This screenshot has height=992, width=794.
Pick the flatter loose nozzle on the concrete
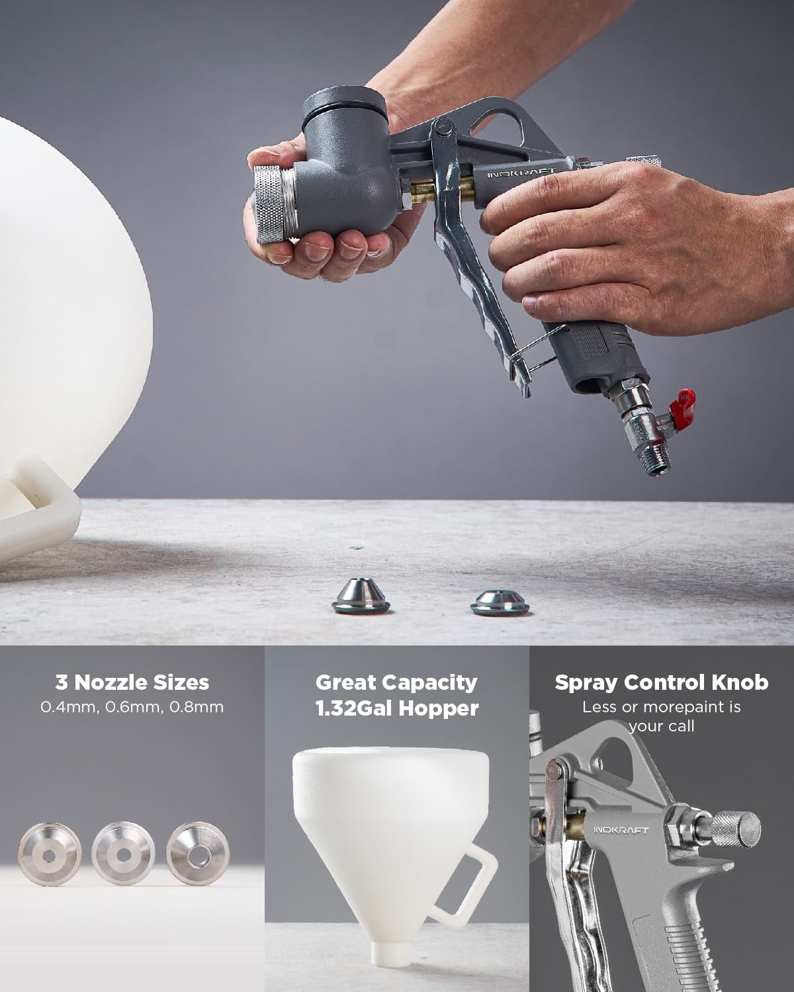(x=499, y=600)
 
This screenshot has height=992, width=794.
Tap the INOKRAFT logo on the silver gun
(x=621, y=829)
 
